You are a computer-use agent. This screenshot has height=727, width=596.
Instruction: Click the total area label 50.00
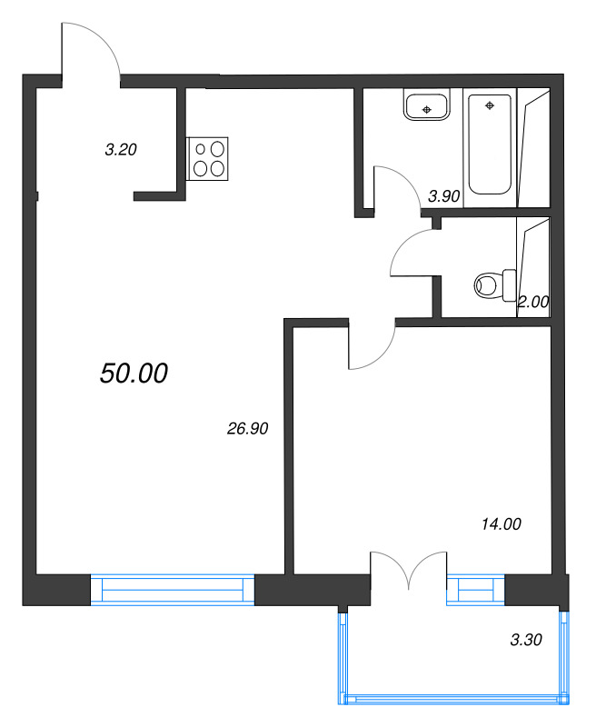tap(134, 373)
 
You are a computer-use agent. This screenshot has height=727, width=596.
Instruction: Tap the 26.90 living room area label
tap(247, 429)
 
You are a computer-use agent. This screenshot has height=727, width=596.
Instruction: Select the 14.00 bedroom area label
tap(502, 524)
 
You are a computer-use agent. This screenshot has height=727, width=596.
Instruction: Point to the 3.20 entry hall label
tap(121, 150)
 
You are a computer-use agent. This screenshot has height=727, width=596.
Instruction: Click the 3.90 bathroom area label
tap(444, 196)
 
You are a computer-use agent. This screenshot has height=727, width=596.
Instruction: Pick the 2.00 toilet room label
tap(533, 303)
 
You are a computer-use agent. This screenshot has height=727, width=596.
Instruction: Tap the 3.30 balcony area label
tap(526, 640)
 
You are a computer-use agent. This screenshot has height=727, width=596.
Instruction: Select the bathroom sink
tap(427, 105)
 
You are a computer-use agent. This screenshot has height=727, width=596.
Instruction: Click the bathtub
tap(490, 144)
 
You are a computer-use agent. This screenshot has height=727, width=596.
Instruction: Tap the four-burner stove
tap(207, 158)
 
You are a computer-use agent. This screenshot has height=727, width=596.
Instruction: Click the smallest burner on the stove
tap(200, 149)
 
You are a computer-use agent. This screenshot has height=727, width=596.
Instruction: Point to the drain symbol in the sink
tap(427, 109)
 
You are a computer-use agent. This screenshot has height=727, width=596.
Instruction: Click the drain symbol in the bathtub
tap(490, 105)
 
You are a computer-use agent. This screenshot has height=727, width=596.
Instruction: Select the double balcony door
tap(408, 572)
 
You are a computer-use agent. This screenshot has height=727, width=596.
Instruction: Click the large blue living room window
tap(173, 590)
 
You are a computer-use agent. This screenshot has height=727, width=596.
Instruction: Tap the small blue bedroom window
tap(475, 590)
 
